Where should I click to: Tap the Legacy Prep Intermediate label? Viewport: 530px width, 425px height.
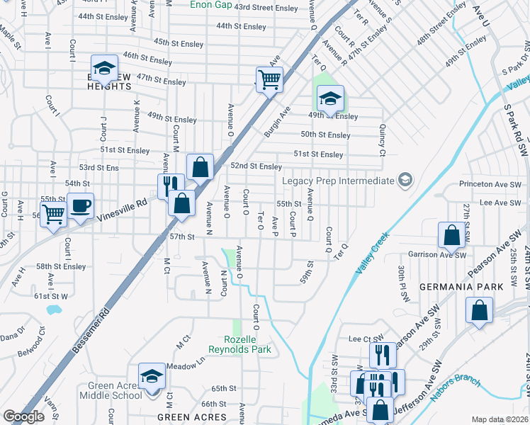(337, 181)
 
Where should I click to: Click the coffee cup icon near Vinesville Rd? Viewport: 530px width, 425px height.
(80, 205)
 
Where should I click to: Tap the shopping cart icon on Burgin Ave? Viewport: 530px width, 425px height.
(269, 79)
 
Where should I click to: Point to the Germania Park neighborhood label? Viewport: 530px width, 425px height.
(461, 287)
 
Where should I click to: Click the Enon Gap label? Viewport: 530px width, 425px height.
(211, 4)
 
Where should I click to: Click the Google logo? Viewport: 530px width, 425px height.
(23, 416)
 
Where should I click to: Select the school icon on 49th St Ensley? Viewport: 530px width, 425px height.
(329, 98)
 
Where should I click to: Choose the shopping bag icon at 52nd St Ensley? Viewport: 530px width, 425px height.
(201, 167)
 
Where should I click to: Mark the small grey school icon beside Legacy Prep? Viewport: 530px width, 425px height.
(405, 181)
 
